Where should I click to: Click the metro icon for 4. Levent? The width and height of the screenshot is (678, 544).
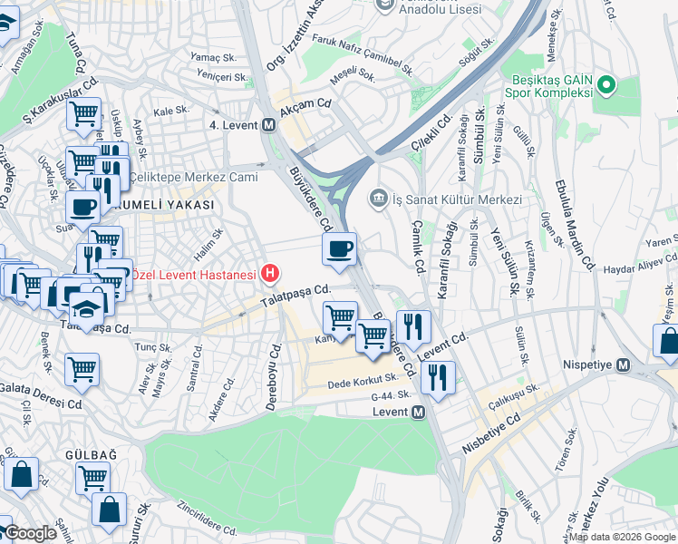pyautogui.click(x=268, y=125)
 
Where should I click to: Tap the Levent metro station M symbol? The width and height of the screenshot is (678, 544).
pyautogui.click(x=418, y=413)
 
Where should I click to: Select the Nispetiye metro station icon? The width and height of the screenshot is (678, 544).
pyautogui.click(x=623, y=365)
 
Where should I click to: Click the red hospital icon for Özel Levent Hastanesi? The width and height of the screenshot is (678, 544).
pyautogui.click(x=269, y=272)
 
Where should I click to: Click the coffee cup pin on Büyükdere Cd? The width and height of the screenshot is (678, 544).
pyautogui.click(x=339, y=248)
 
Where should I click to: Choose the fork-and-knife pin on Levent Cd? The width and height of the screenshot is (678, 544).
pyautogui.click(x=413, y=325)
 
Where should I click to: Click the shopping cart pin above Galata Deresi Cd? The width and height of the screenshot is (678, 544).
pyautogui.click(x=82, y=369)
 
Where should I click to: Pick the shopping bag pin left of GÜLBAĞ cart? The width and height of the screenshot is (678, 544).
pyautogui.click(x=21, y=472)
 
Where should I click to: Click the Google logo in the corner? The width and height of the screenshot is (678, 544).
pyautogui.click(x=31, y=534)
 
